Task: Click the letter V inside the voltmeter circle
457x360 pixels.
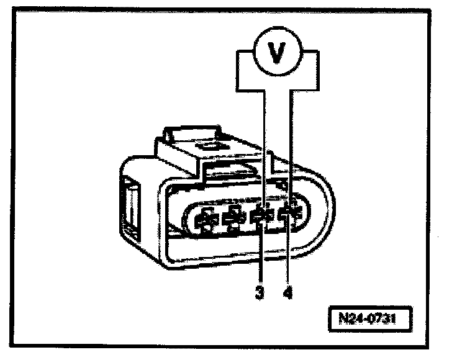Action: point(276,52)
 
